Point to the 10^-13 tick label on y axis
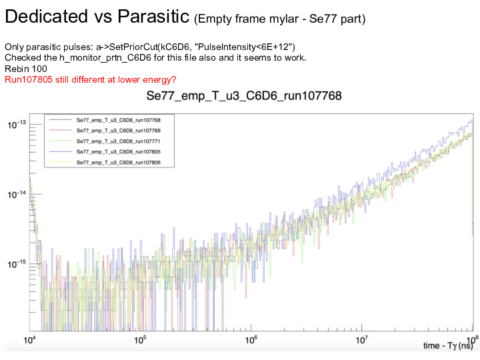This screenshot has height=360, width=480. click(x=16, y=125)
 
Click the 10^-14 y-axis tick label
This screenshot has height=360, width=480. click(x=16, y=195)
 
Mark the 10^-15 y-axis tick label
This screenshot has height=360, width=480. click(x=16, y=265)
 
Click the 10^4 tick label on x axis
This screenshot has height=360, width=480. click(x=30, y=340)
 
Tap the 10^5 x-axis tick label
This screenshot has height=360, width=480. click(x=140, y=340)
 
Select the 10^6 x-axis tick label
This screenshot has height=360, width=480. click(x=251, y=340)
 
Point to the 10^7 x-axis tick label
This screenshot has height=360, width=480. click(x=361, y=340)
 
